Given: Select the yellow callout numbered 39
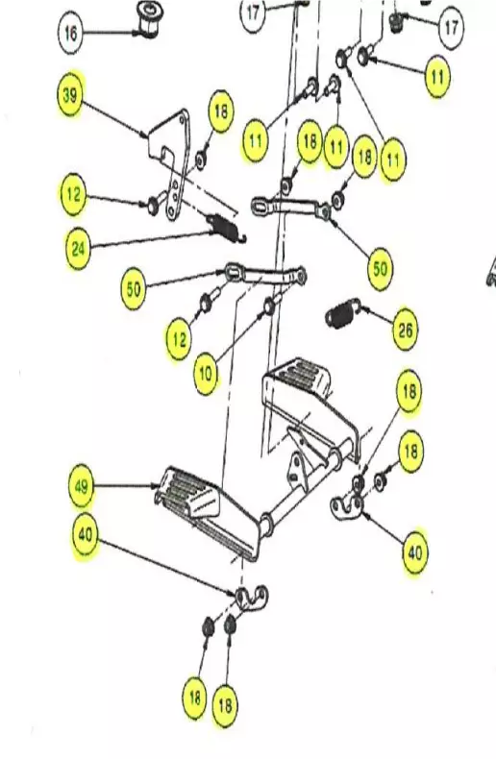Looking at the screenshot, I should pos(70,96).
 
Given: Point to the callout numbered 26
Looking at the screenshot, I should pos(406,331).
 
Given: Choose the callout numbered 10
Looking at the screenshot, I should pos(206,375).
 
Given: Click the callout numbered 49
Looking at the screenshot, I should pos(83,488).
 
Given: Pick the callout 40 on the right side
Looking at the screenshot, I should pos(415,553).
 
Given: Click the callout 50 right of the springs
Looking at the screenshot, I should pos(381,268).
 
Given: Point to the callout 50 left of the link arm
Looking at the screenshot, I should pos(134,287).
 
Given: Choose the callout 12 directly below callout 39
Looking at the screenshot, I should pos(72,196).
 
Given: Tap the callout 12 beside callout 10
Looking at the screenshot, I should pos(179,339).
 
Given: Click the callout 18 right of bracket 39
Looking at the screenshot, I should pos(220,113).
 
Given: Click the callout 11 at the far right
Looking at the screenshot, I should pos(437,76).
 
